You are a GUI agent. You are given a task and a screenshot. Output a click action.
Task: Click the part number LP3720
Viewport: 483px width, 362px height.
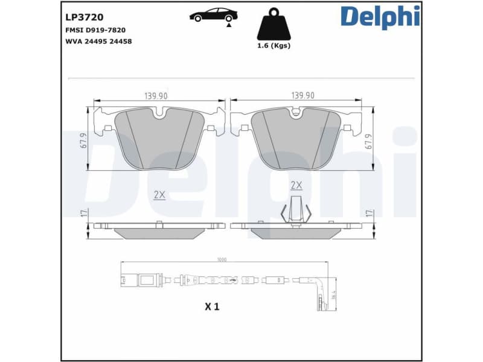click(x=84, y=17)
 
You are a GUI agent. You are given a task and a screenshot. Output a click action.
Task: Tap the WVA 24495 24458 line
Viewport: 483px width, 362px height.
click(x=98, y=41)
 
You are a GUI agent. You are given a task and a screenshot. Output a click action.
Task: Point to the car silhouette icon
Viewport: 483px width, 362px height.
click(x=213, y=16)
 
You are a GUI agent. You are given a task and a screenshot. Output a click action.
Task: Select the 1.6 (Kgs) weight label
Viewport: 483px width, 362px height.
click(x=273, y=46)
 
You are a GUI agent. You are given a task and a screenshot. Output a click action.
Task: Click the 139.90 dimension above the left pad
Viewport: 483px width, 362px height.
click(x=156, y=95)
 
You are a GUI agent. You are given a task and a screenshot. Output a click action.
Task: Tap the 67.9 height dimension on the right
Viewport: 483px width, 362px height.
click(x=368, y=140)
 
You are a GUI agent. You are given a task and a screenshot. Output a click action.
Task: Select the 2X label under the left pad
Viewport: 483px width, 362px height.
click(x=159, y=194)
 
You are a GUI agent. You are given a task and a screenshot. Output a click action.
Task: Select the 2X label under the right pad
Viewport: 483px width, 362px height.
click(x=296, y=185)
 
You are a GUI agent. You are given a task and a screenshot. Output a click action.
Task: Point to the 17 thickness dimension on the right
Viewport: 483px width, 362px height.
click(x=368, y=213)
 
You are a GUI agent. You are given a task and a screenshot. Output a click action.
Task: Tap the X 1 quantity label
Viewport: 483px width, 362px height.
click(x=211, y=306)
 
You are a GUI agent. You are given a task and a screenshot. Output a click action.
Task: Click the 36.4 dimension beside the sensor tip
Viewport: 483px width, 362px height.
click(x=333, y=295)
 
